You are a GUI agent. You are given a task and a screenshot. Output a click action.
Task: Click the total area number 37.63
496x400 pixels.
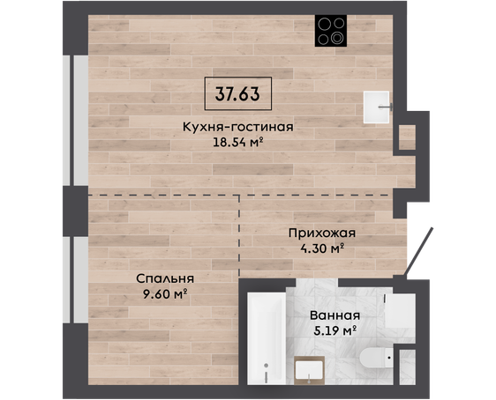[237, 93]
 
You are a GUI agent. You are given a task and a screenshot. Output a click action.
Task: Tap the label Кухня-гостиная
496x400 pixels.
[238, 127]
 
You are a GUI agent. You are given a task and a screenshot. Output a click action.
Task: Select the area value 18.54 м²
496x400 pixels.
[238, 143]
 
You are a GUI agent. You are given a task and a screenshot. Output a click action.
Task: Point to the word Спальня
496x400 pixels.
[165, 278]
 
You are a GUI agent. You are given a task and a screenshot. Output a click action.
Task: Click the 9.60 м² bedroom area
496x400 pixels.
[165, 294]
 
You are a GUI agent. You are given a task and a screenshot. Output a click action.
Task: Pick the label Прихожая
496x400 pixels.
[322, 233]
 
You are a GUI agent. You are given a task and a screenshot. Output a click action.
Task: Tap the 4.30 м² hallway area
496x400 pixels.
[322, 248]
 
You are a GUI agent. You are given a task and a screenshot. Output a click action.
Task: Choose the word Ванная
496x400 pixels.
[335, 315]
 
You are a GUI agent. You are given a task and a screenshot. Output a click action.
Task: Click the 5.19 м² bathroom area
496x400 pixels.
[335, 330]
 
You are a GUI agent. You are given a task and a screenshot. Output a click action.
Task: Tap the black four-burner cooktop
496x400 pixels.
[331, 31]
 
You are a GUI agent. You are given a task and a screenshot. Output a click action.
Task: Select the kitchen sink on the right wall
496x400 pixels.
[377, 107]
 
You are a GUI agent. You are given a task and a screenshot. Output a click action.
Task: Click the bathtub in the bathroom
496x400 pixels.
[267, 338]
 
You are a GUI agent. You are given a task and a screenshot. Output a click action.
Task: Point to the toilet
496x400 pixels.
[377, 358]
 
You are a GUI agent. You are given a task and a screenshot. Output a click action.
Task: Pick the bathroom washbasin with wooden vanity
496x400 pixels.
[310, 370]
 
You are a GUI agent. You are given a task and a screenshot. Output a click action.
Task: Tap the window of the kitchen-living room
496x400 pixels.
[76, 121]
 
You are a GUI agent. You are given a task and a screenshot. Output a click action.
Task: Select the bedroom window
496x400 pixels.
[76, 280]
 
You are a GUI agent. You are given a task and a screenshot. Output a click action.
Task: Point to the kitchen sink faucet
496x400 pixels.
[387, 107]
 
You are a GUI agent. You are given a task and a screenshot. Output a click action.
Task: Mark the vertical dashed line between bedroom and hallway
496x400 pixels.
[239, 237]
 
